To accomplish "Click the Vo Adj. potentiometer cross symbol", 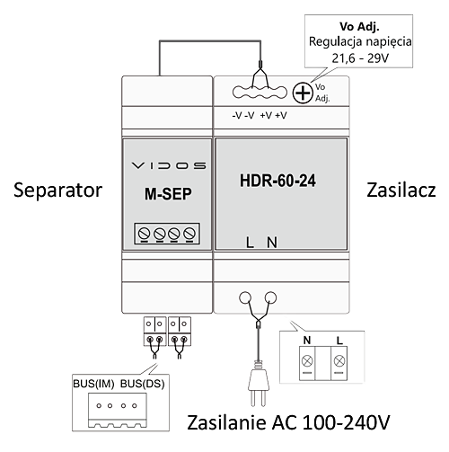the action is [x=303, y=93].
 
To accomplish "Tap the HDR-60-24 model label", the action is [x=277, y=181].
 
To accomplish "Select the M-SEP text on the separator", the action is [x=168, y=194].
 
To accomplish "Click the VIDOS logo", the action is [x=169, y=165].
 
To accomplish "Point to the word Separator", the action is [x=58, y=191].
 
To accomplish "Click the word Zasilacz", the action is [x=401, y=191].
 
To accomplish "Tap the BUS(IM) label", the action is [x=93, y=384].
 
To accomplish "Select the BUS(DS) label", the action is [x=143, y=384].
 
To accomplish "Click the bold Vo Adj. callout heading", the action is [x=359, y=27].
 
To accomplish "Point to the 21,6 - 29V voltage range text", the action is [x=360, y=58].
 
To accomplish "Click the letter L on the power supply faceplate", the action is [x=250, y=243].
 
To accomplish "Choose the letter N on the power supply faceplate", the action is [x=272, y=243].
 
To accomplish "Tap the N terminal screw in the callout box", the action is [x=307, y=361].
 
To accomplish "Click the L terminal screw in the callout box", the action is [x=339, y=361].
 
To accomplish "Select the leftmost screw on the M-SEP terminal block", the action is [x=144, y=233].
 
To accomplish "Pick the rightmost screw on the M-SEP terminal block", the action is [x=189, y=233].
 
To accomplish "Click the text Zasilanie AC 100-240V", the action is [x=288, y=422].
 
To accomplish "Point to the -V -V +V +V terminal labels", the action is [x=260, y=115].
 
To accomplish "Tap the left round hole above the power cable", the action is [x=245, y=297].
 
